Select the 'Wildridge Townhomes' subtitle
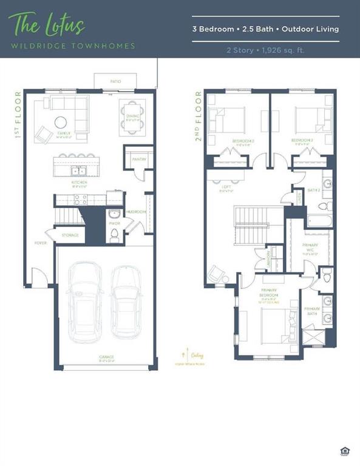tap(72, 46)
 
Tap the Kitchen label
tap(79, 183)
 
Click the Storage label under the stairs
tap(70, 235)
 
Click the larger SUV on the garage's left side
tap(86, 302)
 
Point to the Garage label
tap(107, 357)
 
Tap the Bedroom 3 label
tap(302, 140)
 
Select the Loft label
tap(226, 188)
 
